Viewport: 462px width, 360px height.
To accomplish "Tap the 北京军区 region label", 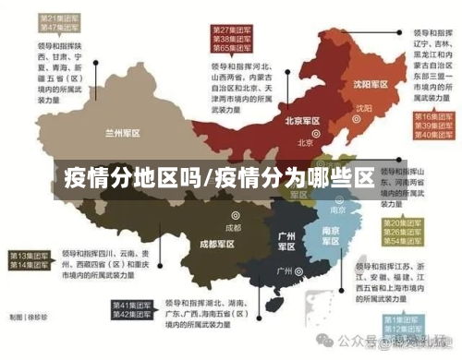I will (302, 121).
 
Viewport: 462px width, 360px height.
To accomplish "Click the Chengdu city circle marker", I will (234, 216).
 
